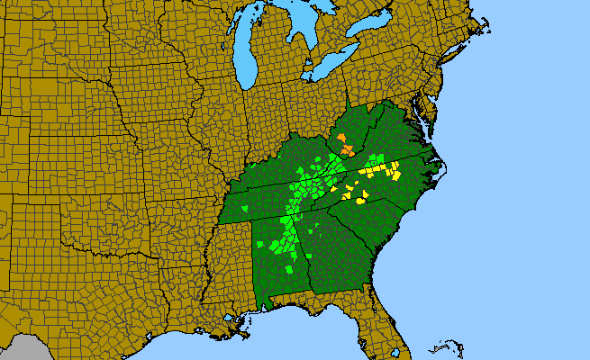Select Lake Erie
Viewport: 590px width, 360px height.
338,76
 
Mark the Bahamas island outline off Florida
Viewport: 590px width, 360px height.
441,346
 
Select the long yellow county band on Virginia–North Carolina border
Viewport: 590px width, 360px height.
378,168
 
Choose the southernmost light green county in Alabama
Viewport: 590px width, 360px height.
288,270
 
